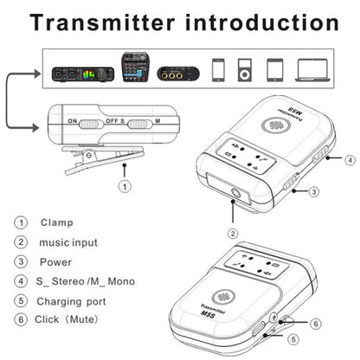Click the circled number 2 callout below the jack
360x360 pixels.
(x=233, y=232)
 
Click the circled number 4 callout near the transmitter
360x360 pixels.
(x=349, y=160)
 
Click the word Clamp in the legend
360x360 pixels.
(x=56, y=222)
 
